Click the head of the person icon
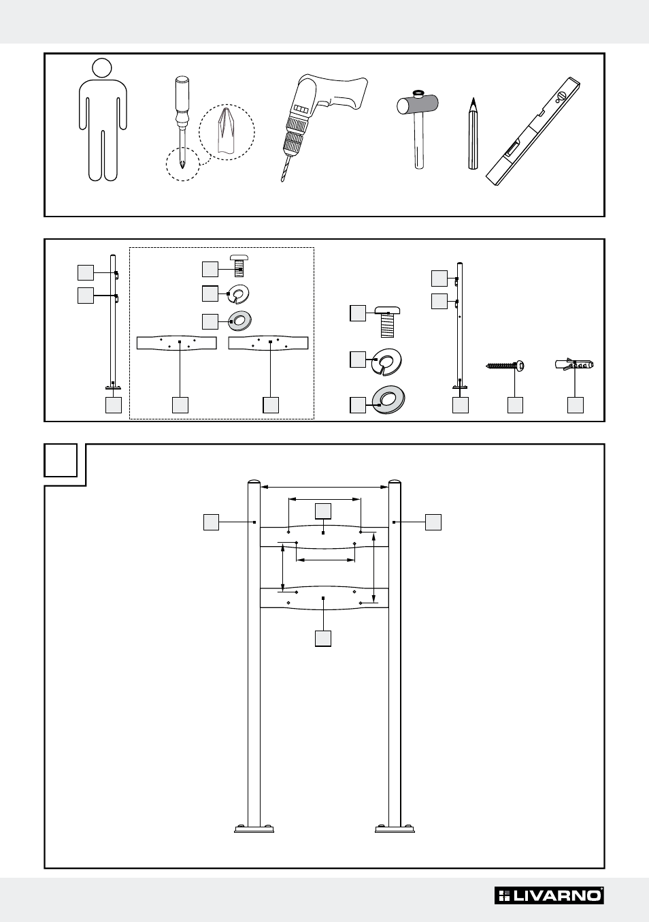[x=102, y=67]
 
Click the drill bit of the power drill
[x=285, y=168]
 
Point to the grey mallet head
[x=417, y=104]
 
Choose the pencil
[x=473, y=133]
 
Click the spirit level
[x=533, y=131]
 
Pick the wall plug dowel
[x=574, y=364]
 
